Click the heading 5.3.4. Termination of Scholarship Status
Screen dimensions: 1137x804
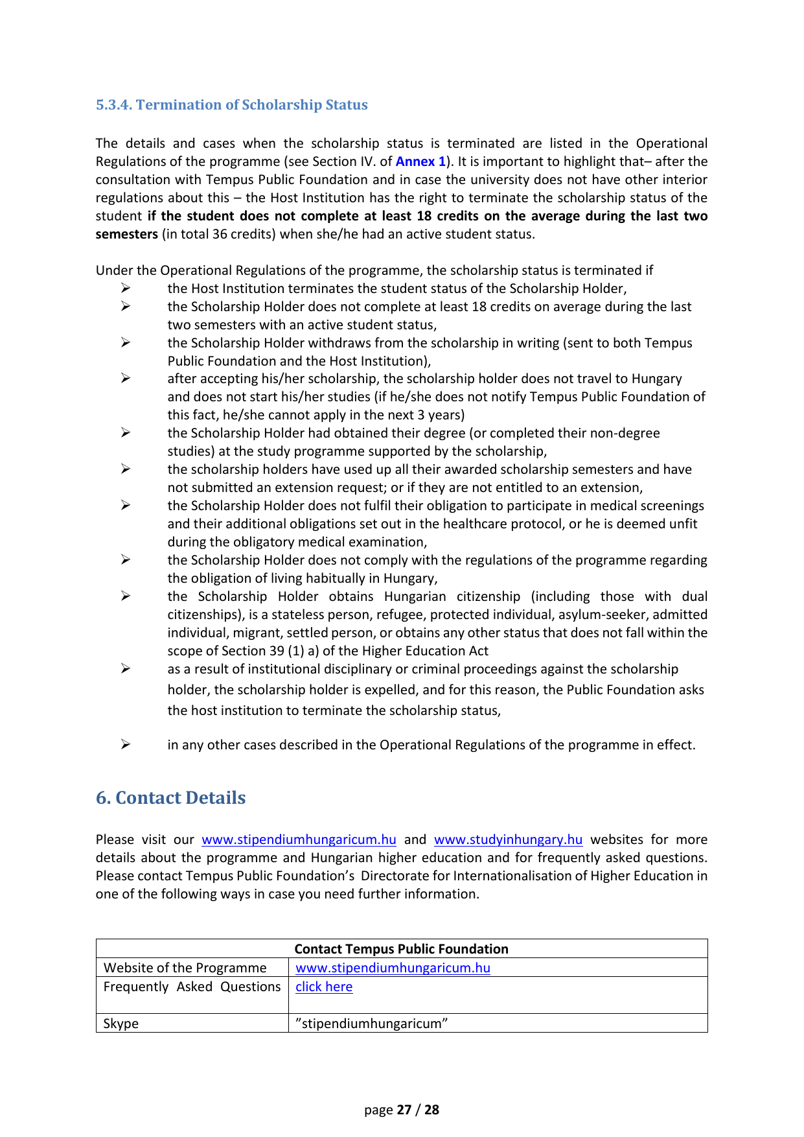tap(231, 105)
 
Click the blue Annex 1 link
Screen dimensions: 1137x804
tap(420, 161)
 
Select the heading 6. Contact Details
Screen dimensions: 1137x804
tap(170, 798)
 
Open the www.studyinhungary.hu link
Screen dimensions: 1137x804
tap(508, 839)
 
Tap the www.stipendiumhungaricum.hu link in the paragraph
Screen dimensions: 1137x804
tap(299, 839)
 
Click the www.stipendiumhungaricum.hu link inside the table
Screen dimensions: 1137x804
tap(393, 968)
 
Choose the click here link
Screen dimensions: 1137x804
tap(324, 987)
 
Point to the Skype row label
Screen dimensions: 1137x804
tap(121, 1024)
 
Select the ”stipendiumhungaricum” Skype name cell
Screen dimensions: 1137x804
tap(372, 1024)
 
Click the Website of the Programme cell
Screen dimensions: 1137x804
tap(185, 968)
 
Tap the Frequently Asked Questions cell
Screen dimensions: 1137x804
tap(192, 987)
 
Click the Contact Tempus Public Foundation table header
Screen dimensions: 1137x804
tap(401, 949)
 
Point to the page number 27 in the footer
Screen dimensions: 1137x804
tap(404, 1110)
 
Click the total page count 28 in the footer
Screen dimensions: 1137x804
tap(431, 1110)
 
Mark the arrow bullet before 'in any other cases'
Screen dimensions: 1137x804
tap(126, 745)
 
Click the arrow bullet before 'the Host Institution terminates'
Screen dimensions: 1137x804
tap(126, 288)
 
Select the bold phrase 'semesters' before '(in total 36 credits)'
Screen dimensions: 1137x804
tap(127, 234)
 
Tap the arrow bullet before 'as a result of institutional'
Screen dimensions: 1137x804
tap(126, 669)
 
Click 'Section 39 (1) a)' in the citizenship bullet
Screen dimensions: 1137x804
tap(272, 651)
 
